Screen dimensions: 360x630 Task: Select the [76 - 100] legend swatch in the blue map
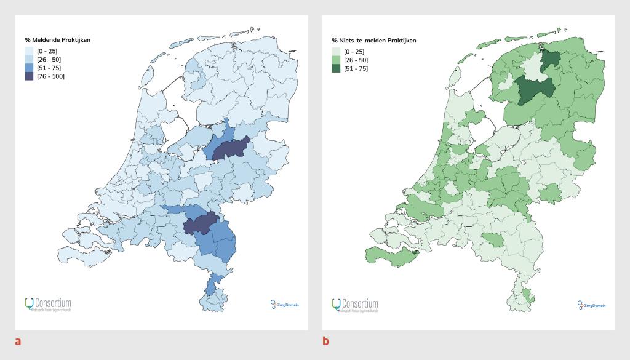point(29,76)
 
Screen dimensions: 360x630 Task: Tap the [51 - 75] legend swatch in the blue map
point(29,68)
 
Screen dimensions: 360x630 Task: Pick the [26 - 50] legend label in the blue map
point(49,60)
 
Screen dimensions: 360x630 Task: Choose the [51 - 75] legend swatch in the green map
point(336,68)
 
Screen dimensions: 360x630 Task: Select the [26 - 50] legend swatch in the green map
point(336,60)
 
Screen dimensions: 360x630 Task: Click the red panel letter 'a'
point(18,340)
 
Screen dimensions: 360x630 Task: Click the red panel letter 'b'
point(326,340)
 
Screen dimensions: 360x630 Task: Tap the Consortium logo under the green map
point(355,305)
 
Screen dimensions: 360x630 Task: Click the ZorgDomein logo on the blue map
point(284,304)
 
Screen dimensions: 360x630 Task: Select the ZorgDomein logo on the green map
point(591,304)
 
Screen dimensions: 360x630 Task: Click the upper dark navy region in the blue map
point(229,148)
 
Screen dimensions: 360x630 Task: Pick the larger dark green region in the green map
point(534,91)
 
